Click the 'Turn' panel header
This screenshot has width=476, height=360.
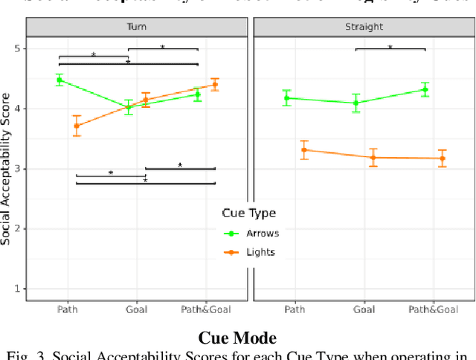136,26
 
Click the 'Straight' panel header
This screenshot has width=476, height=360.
364,26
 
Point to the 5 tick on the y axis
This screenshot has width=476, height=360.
17,49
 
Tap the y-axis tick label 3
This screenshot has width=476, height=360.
17,169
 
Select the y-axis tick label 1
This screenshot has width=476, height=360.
17,289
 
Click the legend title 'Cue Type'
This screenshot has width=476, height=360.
248,213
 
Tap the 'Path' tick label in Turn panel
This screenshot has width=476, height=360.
67,309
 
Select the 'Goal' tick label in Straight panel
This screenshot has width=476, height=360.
364,309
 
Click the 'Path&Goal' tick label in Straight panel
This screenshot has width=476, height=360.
433,309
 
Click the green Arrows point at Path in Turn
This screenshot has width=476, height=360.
59,80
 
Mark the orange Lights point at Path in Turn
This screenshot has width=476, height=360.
77,126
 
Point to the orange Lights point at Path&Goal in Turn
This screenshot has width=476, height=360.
215,85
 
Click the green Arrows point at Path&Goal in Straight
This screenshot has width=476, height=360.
425,89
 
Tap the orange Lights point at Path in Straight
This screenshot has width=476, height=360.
303,150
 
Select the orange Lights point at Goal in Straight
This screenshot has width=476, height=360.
373,157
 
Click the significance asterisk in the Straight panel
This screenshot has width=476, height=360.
390,47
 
